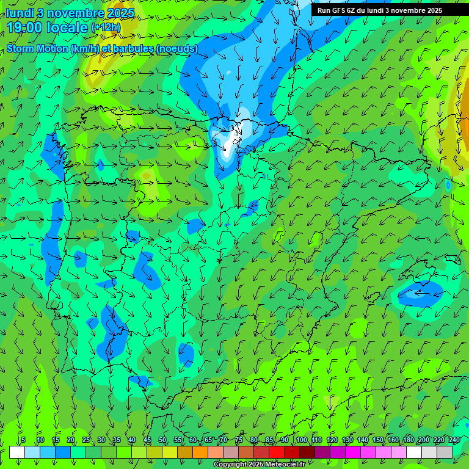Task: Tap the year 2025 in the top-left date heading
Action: click(120, 13)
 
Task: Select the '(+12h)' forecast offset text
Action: click(106, 27)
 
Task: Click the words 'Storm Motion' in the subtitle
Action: click(37, 48)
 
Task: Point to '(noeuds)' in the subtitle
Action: click(176, 48)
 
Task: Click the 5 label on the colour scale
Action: click(23, 440)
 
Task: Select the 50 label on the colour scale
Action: click(162, 440)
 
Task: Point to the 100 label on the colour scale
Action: click(301, 440)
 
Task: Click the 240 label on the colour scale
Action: click(454, 440)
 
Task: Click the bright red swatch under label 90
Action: click(277, 452)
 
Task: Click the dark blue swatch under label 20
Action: click(63, 452)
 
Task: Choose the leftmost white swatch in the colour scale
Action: click(17, 452)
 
